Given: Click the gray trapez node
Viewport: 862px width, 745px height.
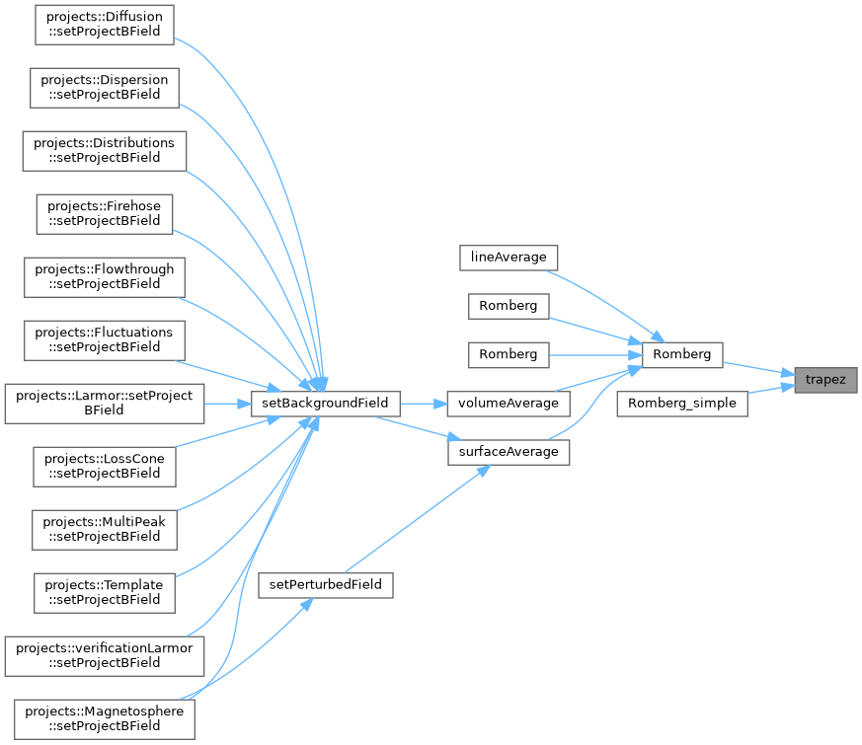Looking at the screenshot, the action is tap(825, 380).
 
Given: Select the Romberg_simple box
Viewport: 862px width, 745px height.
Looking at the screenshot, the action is tap(682, 404).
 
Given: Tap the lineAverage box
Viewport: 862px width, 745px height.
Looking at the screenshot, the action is tap(509, 258).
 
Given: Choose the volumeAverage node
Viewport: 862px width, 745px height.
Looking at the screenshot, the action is tap(509, 404).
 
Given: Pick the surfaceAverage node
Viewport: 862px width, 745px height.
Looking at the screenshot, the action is tap(509, 452).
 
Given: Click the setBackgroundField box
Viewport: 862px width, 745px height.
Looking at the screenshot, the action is tap(326, 404).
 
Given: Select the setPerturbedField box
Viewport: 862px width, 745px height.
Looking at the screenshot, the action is tap(326, 585).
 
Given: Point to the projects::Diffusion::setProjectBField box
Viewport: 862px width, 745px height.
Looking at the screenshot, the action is tap(105, 25).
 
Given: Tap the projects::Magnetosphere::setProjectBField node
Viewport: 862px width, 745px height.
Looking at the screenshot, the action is tap(105, 719).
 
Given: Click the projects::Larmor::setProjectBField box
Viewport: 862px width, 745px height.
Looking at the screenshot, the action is tap(105, 404).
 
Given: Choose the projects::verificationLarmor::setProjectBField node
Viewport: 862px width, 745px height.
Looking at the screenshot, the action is tap(105, 656).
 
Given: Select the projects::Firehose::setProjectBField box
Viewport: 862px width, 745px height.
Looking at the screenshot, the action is tap(105, 214).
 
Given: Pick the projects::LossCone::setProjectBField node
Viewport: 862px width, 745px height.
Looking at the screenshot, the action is tap(105, 467).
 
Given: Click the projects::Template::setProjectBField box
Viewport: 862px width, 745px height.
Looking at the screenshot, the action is tap(105, 593).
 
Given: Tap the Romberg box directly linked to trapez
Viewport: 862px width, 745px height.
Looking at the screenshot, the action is tap(682, 355).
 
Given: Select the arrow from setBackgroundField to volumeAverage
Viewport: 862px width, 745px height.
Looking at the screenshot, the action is tap(424, 405).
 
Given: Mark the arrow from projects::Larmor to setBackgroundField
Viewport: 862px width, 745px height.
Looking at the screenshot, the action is tap(227, 405).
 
